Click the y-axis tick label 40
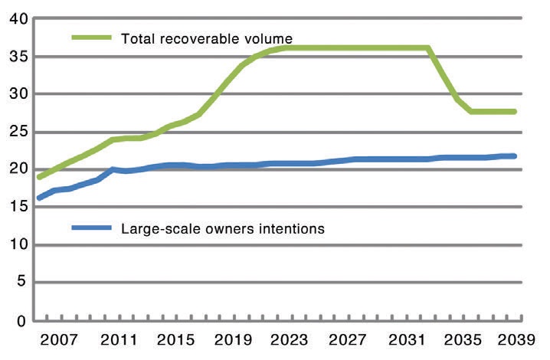18,18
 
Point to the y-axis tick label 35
18,57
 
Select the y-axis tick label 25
18,133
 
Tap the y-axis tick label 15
18,207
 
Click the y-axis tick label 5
21,281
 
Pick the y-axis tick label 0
21,321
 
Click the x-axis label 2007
59,340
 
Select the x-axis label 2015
175,340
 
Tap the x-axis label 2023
290,340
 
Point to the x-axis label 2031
407,340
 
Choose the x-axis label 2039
516,340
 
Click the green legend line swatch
92,38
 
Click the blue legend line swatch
92,227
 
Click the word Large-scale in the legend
162,230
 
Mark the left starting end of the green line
39,177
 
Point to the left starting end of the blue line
39,198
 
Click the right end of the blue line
514,155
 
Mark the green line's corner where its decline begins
428,47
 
